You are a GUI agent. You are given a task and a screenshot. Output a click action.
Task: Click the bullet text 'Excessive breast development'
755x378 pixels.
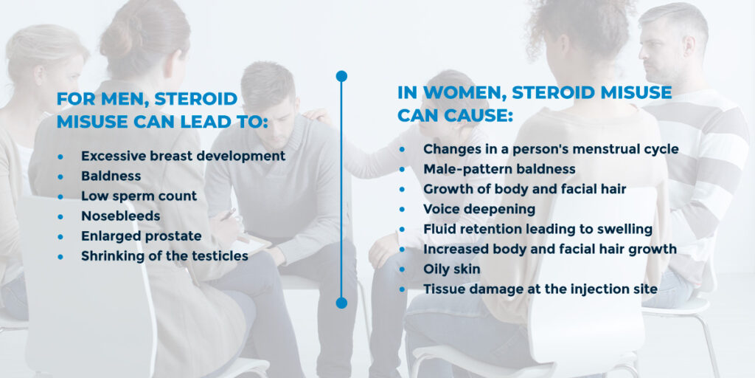tap(183, 157)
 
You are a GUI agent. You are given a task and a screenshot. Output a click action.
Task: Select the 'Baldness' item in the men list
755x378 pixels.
tap(111, 176)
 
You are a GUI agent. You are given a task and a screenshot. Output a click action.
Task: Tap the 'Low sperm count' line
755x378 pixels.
tap(139, 196)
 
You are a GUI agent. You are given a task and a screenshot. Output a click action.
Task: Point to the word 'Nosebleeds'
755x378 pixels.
tap(120, 216)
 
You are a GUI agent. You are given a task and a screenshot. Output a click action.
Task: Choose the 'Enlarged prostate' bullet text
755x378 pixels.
tap(141, 236)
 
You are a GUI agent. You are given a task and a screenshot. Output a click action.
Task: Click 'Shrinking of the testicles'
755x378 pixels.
tap(164, 256)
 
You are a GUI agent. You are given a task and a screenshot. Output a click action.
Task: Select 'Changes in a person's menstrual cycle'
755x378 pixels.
tap(551, 149)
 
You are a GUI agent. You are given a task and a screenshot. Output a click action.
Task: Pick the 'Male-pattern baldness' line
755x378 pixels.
tap(499, 169)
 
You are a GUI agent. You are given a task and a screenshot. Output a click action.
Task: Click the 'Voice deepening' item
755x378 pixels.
tap(479, 209)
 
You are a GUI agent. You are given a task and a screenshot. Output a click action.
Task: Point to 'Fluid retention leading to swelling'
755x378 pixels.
tap(537, 229)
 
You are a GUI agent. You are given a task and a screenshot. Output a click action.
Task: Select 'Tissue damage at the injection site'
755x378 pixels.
tap(540, 289)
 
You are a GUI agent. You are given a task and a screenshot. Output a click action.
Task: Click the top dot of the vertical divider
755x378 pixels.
tap(341, 76)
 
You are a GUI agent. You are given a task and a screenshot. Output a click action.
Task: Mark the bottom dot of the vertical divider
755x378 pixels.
tap(341, 303)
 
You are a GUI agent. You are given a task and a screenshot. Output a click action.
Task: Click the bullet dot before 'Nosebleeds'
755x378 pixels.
tap(61, 217)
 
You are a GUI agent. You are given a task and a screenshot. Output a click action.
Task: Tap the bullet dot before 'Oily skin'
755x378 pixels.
tap(403, 269)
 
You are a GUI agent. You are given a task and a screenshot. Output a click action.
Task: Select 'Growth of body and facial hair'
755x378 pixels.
tap(524, 189)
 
